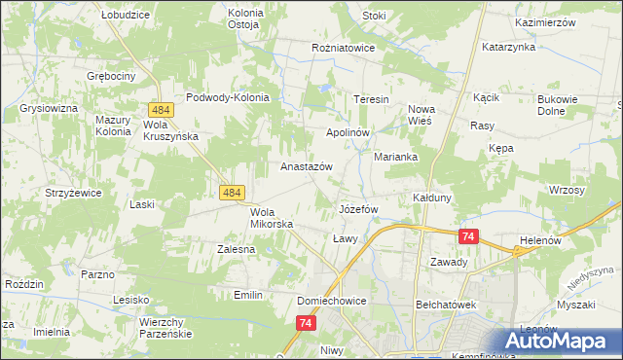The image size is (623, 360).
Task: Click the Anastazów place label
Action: coord(307,166)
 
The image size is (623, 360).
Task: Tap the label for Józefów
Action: coord(357,209)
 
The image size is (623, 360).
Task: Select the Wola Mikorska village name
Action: coord(265,218)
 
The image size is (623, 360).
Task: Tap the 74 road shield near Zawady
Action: coord(469,236)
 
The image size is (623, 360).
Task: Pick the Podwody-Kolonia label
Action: coord(234,97)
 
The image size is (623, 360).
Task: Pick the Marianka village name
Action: coord(396,156)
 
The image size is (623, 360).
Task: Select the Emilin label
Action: coord(249,294)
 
